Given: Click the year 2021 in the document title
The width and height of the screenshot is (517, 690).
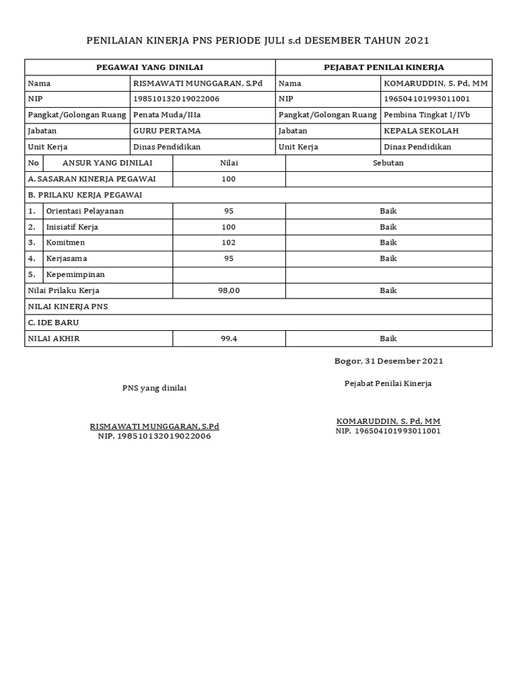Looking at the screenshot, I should pos(417,40).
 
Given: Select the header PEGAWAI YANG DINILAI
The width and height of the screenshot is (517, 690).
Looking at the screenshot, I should pos(150,67).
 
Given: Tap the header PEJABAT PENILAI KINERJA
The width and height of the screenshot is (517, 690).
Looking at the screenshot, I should pos(384,67).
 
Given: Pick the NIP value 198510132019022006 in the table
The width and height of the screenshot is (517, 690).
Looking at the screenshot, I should pos(176,99).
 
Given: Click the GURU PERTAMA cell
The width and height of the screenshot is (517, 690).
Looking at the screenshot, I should pos(167,131).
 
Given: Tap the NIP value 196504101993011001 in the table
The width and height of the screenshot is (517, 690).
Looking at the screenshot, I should pos(427,99).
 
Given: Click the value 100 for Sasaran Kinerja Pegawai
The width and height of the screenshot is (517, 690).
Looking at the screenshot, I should pos(229,179).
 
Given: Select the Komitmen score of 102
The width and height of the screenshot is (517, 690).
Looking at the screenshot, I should pos(229,243).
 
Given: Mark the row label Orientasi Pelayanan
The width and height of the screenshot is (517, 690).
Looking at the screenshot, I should pos(85,211).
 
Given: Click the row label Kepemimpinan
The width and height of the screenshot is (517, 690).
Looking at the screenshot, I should pos(75,274).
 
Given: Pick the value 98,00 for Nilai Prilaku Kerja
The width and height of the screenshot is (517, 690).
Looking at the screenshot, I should pos(229,290).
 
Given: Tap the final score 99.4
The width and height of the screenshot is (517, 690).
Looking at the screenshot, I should pos(229,339).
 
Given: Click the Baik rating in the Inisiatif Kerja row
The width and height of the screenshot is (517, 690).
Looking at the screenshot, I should pos(388,227).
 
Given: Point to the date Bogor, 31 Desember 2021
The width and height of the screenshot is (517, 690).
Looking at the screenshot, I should pos(388,361).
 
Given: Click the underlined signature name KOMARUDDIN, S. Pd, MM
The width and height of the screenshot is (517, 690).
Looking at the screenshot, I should pos(388,421).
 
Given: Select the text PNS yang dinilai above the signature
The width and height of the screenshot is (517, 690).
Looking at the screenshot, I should pos(154,388).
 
